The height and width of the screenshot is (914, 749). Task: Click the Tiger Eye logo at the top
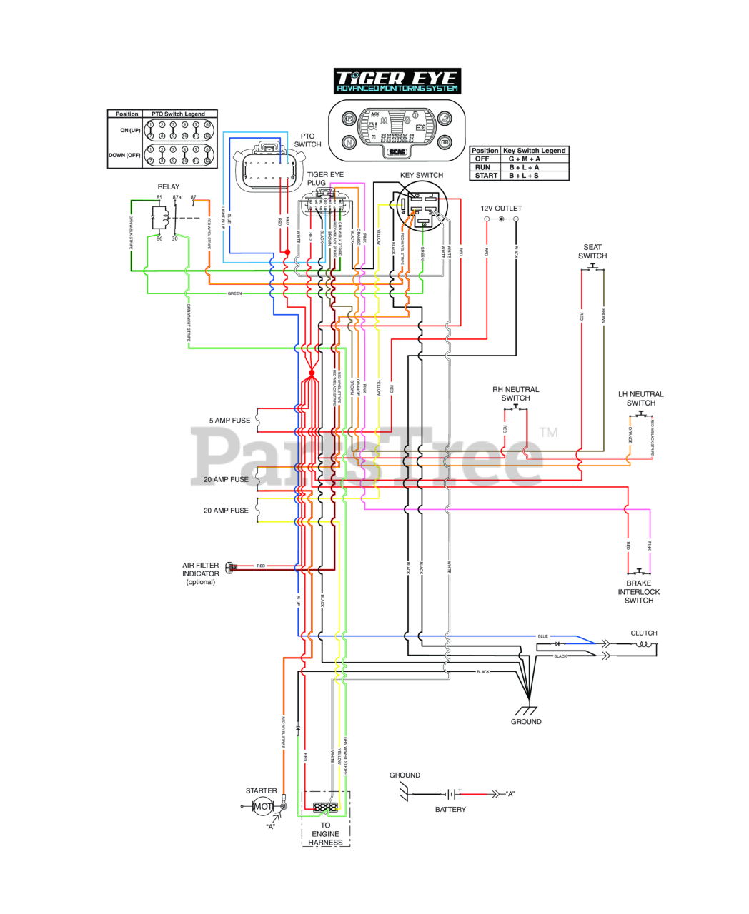(x=397, y=81)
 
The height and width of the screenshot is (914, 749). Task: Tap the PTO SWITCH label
(x=307, y=140)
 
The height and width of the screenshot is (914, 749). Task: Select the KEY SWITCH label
(x=421, y=175)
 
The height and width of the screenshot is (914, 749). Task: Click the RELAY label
(x=169, y=186)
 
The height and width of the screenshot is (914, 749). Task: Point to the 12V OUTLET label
(x=501, y=209)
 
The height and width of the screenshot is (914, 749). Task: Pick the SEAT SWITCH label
(x=592, y=251)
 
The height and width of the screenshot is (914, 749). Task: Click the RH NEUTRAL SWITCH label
(x=515, y=393)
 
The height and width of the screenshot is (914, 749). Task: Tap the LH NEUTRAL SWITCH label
(x=641, y=398)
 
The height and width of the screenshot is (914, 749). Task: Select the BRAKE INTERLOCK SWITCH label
(x=638, y=592)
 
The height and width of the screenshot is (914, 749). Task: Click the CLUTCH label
(x=644, y=633)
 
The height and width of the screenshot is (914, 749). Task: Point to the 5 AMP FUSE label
(x=229, y=421)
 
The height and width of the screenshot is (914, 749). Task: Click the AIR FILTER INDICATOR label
(x=201, y=573)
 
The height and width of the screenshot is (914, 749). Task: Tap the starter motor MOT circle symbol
(x=262, y=806)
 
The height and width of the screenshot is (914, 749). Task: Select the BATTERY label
(x=450, y=809)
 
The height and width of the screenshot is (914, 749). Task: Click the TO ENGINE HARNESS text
(x=325, y=834)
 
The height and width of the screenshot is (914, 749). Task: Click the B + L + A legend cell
(x=524, y=167)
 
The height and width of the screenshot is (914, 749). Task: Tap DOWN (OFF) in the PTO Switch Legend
(x=124, y=155)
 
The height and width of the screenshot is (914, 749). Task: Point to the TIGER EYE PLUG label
(x=325, y=179)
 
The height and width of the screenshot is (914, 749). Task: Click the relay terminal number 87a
(x=177, y=197)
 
